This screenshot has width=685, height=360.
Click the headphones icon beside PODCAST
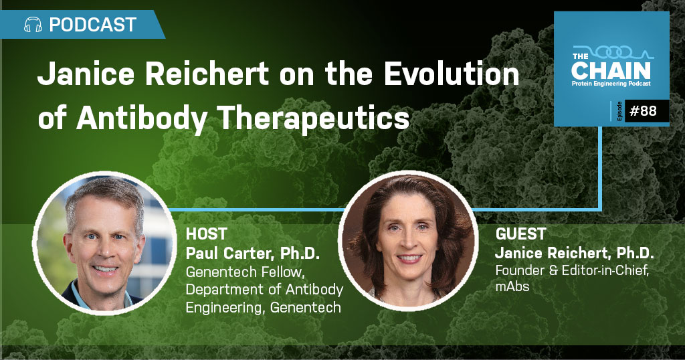33,25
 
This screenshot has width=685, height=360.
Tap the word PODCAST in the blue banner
92,25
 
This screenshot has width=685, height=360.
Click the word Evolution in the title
452,74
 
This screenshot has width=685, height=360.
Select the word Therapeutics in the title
313,118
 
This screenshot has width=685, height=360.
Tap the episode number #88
643,111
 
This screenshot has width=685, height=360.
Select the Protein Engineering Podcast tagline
611,84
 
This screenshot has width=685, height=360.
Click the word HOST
206,234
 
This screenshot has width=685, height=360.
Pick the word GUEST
520,234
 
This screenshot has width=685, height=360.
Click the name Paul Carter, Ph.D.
253,253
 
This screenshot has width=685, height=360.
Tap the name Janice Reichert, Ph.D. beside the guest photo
575,253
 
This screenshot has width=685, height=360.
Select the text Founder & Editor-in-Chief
573,270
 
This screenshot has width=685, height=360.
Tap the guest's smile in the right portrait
409,259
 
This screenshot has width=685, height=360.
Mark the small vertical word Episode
619,111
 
